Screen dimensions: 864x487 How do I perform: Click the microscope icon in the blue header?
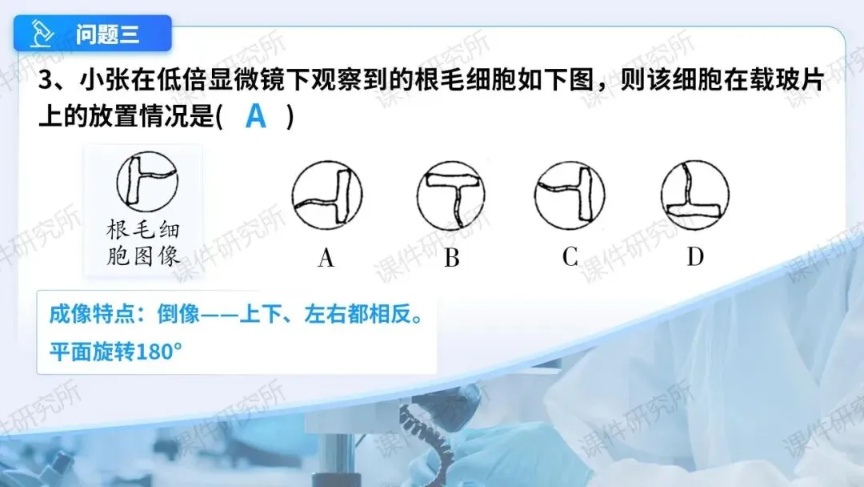click(42, 34)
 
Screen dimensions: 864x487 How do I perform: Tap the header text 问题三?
click(108, 34)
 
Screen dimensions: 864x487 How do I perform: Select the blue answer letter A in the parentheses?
click(256, 116)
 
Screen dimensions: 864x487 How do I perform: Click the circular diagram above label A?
click(326, 195)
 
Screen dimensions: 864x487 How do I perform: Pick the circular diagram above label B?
click(451, 195)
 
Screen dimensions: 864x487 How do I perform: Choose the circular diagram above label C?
click(570, 195)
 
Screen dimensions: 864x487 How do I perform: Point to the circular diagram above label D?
click(695, 195)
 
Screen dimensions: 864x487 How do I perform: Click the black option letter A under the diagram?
click(326, 258)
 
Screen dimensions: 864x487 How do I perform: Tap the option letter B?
click(452, 258)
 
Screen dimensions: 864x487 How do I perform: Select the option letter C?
click(570, 256)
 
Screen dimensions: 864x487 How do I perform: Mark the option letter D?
click(695, 256)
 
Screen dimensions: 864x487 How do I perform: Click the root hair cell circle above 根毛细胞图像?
click(147, 182)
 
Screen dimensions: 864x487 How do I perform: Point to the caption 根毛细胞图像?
click(143, 243)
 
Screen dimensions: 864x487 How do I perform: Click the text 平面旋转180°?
click(116, 352)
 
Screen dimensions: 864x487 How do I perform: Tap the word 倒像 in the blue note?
click(178, 314)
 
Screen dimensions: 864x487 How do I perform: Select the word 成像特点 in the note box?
click(91, 314)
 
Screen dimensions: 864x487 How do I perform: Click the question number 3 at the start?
click(45, 81)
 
